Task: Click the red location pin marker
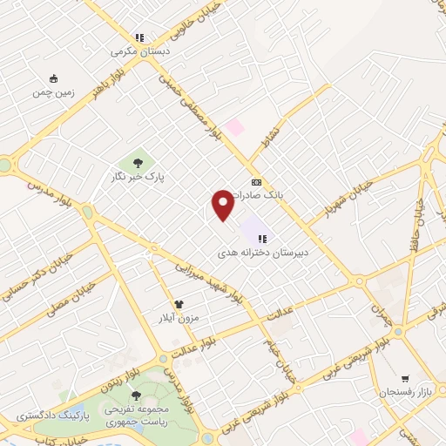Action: [x=222, y=204]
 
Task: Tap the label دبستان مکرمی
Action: [x=139, y=51]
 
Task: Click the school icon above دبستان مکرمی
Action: [x=139, y=37]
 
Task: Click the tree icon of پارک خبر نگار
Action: [x=137, y=161]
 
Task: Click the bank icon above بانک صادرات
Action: [x=256, y=182]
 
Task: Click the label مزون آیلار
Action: [x=179, y=318]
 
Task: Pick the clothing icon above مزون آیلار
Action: [x=179, y=304]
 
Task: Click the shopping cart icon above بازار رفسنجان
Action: [x=404, y=379]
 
